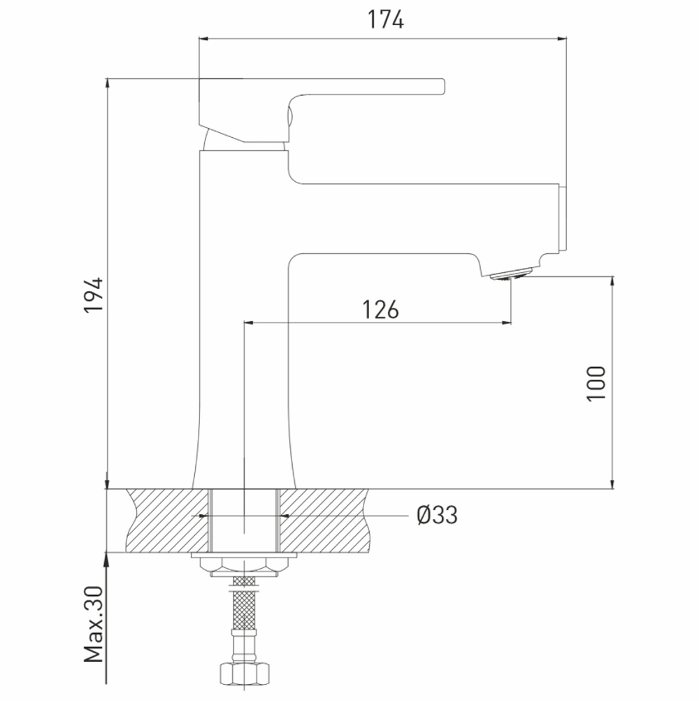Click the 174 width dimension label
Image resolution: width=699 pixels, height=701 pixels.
(385, 20)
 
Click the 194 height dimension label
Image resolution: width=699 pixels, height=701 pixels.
(94, 295)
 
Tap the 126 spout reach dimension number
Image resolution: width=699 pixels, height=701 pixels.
(380, 309)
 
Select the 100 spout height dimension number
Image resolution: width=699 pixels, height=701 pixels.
(596, 383)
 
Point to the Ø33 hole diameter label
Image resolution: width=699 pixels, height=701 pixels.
(438, 515)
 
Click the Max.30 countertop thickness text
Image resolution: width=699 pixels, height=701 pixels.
(94, 624)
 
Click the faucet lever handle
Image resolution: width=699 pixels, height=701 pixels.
(322, 110)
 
